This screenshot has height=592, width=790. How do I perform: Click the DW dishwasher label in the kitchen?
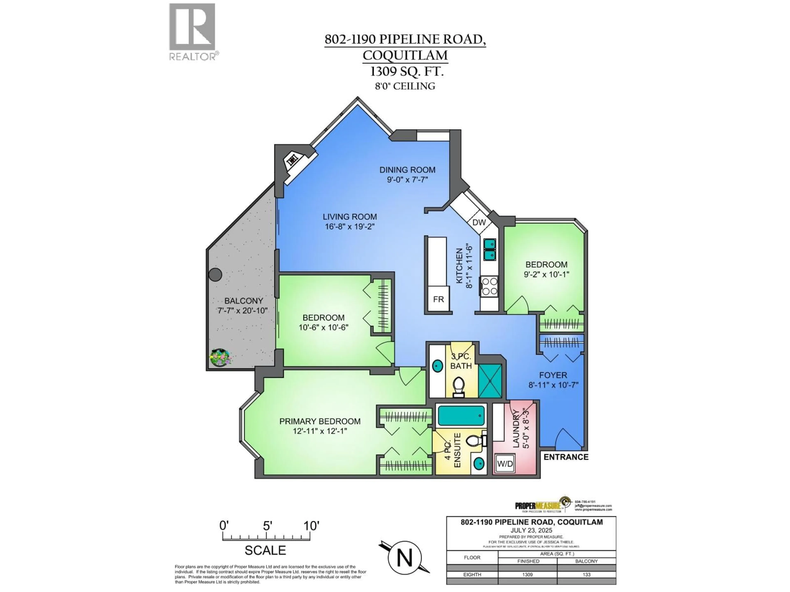(x=479, y=223)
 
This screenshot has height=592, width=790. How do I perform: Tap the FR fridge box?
(x=438, y=299)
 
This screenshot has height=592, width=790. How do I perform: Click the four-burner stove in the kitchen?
(x=489, y=286)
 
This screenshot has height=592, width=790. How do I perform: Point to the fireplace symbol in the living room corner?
(x=293, y=160)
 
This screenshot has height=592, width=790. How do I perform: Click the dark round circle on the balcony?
(x=215, y=275)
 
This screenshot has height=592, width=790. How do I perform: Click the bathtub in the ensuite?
(x=461, y=416)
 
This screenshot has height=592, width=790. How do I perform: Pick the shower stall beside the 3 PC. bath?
(x=490, y=381)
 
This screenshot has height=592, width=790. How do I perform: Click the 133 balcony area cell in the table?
(x=586, y=575)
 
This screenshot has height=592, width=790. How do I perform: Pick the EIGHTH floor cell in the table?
(x=472, y=575)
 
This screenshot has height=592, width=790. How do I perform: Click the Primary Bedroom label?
(x=320, y=421)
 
